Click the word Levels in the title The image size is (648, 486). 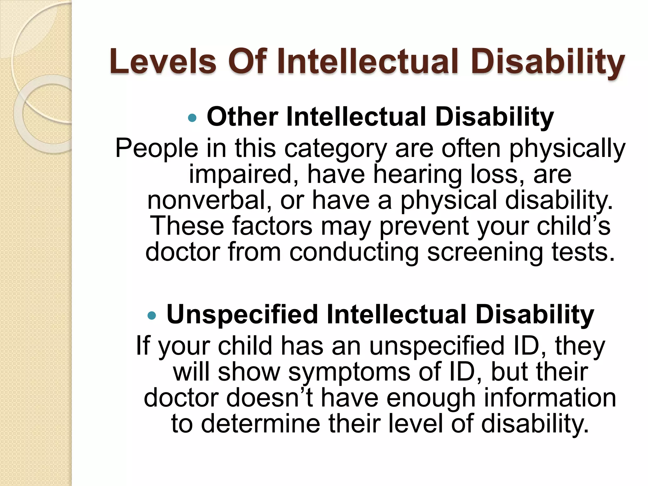(x=163, y=62)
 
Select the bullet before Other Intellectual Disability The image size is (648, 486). (x=192, y=118)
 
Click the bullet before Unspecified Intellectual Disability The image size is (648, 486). (x=152, y=315)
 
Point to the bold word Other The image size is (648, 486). (x=242, y=117)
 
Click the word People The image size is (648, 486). (x=157, y=148)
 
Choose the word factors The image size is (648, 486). (x=272, y=226)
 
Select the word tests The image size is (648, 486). (x=583, y=252)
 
